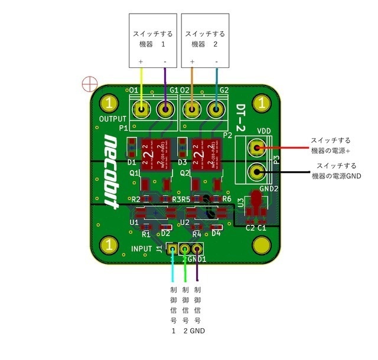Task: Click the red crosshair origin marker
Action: (89, 84)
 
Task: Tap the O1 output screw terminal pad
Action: (141, 109)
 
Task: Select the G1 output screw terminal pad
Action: (166, 109)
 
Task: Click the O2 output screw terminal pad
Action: (191, 109)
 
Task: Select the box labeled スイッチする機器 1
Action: (154, 39)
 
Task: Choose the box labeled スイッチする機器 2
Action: (204, 39)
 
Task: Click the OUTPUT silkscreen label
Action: (112, 119)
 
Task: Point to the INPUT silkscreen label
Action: (142, 248)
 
